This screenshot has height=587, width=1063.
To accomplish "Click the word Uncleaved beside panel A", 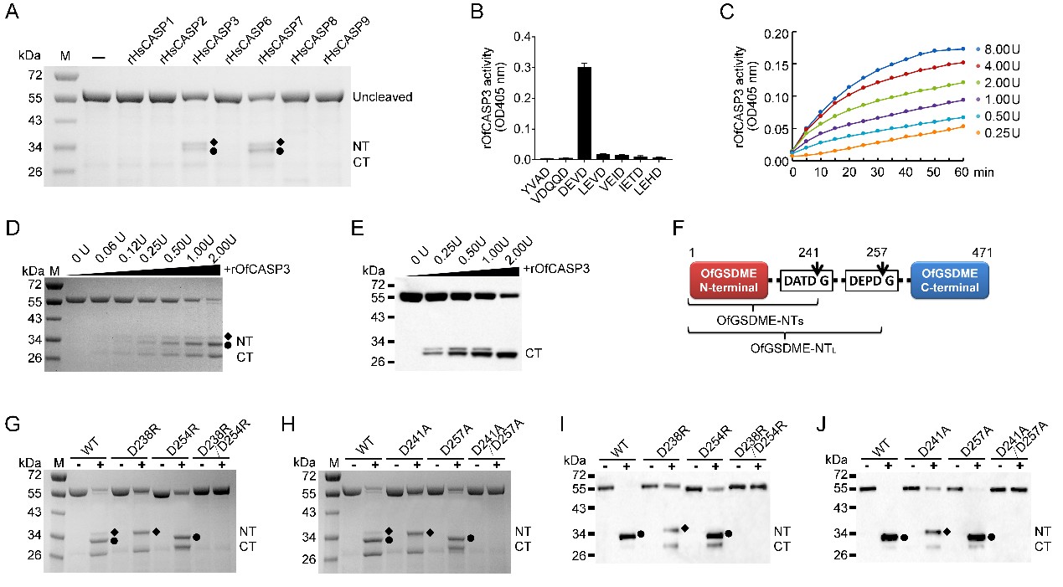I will tap(383, 97).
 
